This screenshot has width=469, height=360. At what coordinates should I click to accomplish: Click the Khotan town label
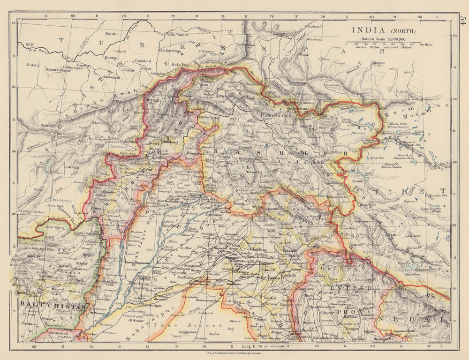coord(378,62)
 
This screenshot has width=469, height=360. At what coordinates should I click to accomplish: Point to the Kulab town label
coord(111,34)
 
